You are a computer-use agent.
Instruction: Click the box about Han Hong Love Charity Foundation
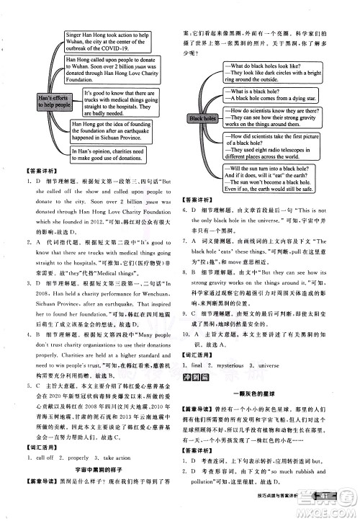[111, 69]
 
